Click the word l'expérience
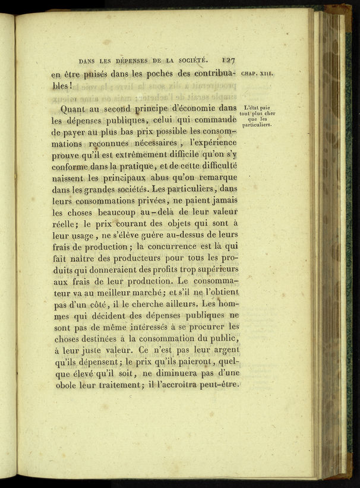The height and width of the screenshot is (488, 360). [x=211, y=142]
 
